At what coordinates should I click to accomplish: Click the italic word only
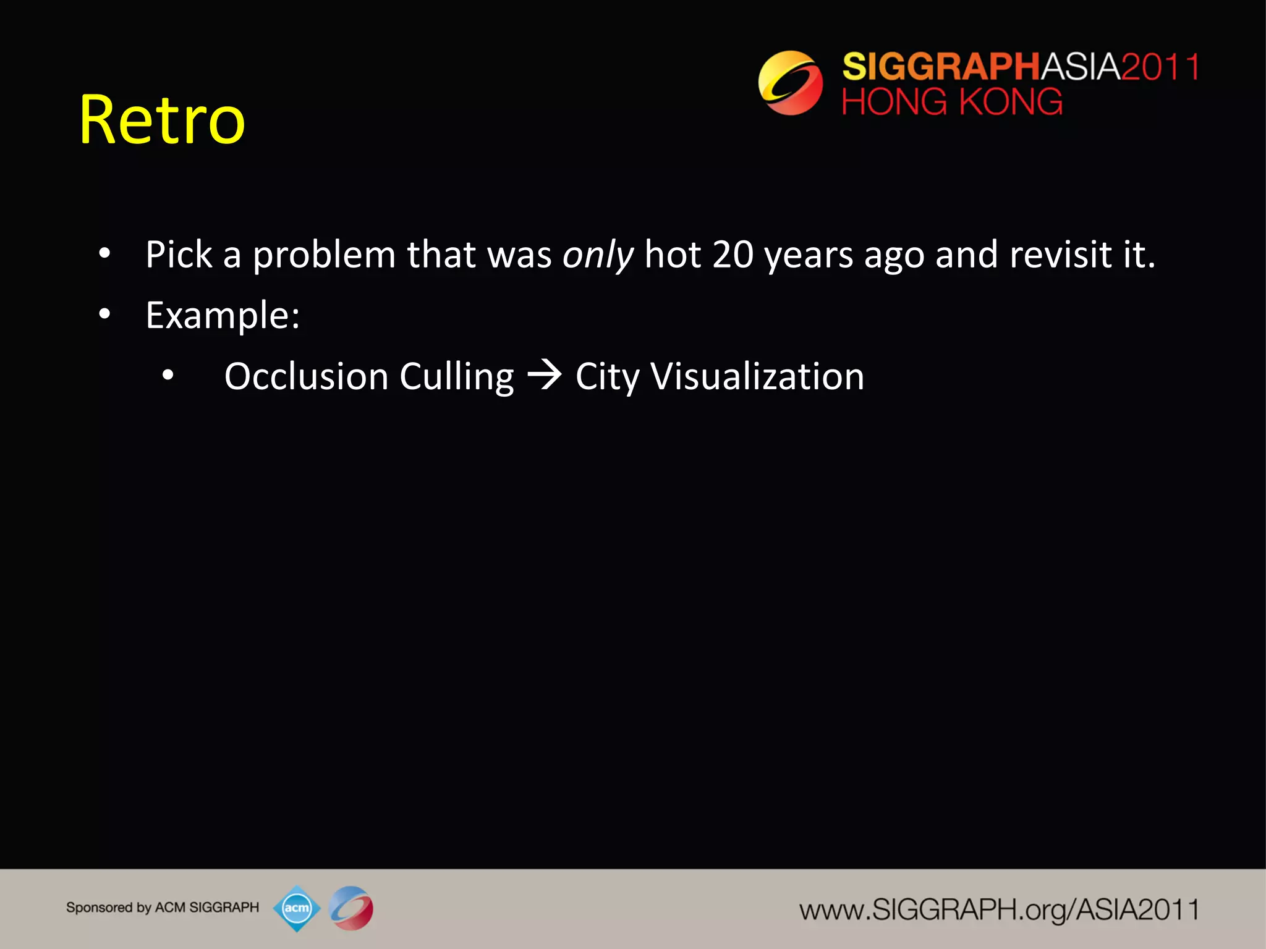point(598,255)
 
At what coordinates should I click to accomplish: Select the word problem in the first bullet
point(324,255)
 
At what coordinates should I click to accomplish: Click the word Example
point(222,316)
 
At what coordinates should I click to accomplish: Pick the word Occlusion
point(306,376)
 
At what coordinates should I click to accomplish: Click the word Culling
point(456,377)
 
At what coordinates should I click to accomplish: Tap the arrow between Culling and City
point(545,376)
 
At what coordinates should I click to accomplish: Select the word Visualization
point(757,376)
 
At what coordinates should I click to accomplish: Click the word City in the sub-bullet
point(606,377)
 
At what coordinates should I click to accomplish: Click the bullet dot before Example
point(104,314)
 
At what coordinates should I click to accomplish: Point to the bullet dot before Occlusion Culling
point(168,375)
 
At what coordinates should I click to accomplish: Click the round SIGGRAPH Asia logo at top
point(790,83)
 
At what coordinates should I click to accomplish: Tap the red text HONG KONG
point(952,102)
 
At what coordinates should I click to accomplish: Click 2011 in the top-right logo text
point(1160,67)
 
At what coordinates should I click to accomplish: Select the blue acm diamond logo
point(297,908)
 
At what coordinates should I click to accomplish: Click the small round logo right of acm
point(351,908)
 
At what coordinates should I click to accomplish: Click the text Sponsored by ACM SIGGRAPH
point(163,908)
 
